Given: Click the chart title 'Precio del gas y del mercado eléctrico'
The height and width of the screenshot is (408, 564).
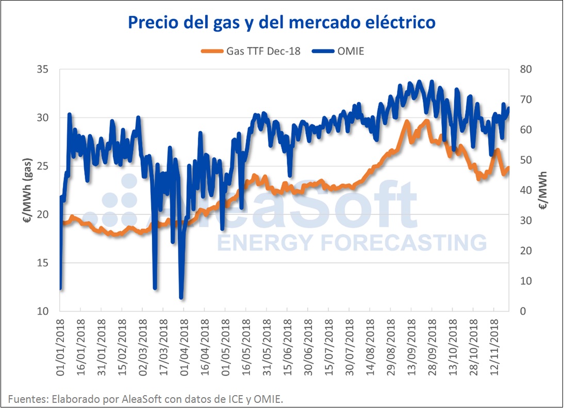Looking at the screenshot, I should (281, 23).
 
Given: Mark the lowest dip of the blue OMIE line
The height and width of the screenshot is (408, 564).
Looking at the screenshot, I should (181, 298).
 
